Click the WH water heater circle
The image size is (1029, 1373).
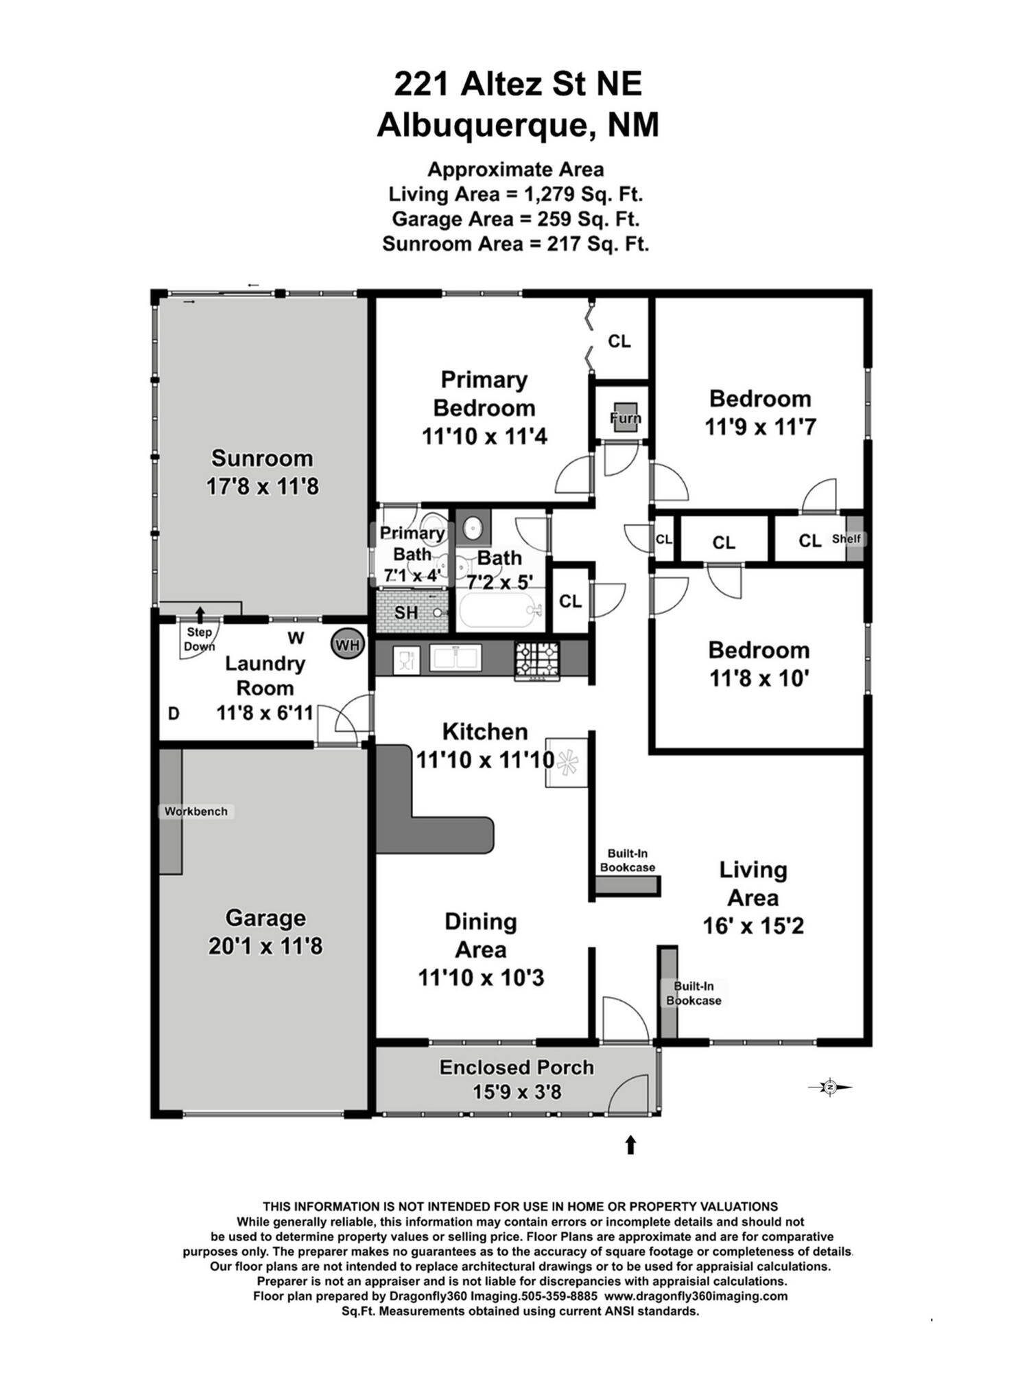348,645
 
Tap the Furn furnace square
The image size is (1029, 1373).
625,417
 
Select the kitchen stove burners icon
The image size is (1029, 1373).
537,660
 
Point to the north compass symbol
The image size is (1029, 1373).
830,1087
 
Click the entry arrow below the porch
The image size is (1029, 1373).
630,1144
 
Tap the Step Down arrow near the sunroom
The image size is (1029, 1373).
200,614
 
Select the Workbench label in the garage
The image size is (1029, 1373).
196,811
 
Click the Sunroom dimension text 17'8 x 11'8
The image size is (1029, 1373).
263,487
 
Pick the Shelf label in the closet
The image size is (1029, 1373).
847,539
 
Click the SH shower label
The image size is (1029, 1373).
406,612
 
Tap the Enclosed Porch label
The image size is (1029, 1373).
517,1068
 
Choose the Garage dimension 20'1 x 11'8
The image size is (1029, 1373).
265,946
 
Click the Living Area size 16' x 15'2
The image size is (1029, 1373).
753,925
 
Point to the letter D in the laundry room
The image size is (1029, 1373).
174,714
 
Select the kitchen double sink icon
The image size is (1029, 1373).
454,658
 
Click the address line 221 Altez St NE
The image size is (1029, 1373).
518,84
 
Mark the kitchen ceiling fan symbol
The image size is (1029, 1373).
567,763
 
